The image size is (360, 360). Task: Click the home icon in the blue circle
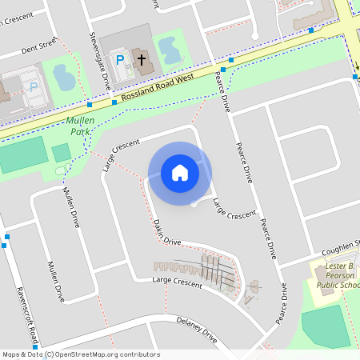coord(179,173)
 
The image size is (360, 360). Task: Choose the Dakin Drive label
coord(163,231)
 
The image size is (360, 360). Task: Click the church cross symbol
coord(142,59)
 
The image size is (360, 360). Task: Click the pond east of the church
coord(169,51)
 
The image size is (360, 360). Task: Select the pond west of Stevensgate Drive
coord(62,76)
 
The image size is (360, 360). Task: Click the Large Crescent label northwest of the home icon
coord(121,154)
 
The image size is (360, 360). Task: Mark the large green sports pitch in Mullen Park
coord(22,154)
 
